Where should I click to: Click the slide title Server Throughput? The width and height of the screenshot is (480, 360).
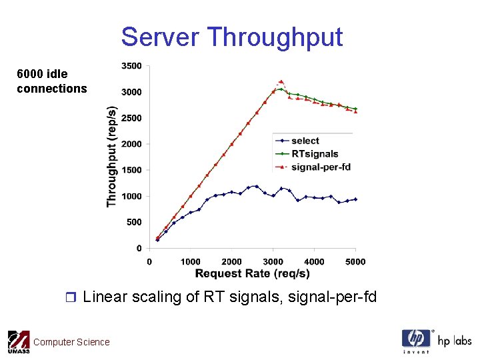click(231, 37)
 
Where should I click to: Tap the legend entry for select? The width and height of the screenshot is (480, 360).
click(305, 141)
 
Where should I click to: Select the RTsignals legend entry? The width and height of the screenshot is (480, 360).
click(315, 154)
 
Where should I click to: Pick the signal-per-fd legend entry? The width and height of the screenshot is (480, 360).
click(321, 167)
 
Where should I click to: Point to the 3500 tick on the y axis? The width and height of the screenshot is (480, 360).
click(131, 66)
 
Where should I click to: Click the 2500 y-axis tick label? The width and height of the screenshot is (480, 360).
click(131, 118)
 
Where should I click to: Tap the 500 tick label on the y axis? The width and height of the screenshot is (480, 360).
click(133, 222)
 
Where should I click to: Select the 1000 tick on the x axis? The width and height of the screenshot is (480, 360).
click(190, 261)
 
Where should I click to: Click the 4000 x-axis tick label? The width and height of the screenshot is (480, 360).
click(314, 261)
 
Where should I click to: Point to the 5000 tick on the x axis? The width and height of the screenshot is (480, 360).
click(355, 261)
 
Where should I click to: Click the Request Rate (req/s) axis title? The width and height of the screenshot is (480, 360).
click(252, 273)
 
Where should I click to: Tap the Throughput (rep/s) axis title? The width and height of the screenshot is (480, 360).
click(112, 157)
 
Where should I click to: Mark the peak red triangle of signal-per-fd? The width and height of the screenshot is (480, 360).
click(281, 81)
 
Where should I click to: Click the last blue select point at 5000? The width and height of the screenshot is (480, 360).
click(355, 199)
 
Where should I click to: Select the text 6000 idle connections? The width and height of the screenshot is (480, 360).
click(51, 81)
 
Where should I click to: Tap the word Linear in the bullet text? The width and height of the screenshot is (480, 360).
click(103, 296)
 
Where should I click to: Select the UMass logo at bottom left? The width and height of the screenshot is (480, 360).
click(18, 342)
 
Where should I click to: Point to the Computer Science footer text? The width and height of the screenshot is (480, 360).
click(71, 342)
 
